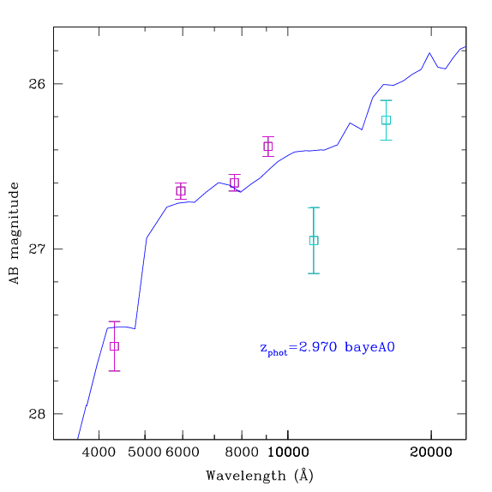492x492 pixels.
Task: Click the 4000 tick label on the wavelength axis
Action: click(x=99, y=453)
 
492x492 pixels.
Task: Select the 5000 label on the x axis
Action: click(x=144, y=453)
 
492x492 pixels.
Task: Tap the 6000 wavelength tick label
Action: click(x=183, y=453)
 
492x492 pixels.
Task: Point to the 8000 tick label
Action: click(x=242, y=453)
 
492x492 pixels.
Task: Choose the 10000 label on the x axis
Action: click(x=288, y=453)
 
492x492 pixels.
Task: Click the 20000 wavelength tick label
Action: click(x=431, y=453)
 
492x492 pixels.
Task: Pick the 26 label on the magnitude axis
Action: click(x=37, y=84)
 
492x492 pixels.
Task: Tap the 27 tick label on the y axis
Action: click(x=37, y=249)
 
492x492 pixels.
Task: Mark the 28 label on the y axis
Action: click(x=37, y=414)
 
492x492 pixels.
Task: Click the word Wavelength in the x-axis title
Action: click(x=246, y=476)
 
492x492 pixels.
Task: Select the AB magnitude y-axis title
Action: click(x=14, y=233)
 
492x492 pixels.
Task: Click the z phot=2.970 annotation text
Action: click(x=298, y=348)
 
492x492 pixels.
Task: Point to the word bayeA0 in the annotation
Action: click(x=369, y=347)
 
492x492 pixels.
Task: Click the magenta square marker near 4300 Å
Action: click(x=114, y=346)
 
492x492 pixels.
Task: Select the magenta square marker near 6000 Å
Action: click(x=181, y=191)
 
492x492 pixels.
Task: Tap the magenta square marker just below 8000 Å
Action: click(x=234, y=183)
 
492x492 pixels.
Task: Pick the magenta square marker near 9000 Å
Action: click(x=268, y=147)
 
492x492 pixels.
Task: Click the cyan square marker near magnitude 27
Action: click(x=314, y=240)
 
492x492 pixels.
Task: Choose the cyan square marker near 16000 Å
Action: click(x=386, y=120)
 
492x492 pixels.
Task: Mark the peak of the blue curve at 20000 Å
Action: click(x=429, y=53)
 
